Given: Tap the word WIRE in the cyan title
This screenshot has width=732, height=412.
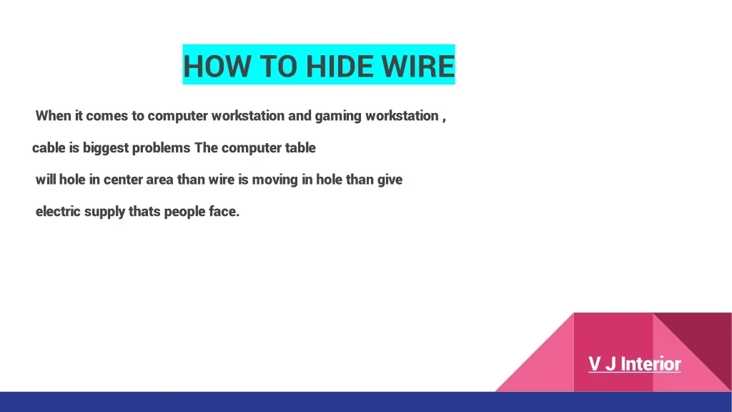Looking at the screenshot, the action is [418, 66].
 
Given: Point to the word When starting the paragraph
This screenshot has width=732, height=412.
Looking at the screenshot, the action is [53, 115].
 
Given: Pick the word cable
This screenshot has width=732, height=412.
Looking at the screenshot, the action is [49, 147].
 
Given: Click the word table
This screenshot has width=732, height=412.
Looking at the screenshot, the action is [300, 147].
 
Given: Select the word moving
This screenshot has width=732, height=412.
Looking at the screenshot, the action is [275, 180].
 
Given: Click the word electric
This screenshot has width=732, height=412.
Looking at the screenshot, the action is [58, 211].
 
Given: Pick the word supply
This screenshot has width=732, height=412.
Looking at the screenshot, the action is [104, 212].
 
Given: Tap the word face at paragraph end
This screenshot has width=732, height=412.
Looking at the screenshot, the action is [224, 211].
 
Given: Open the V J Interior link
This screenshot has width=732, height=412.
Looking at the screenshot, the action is [635, 364].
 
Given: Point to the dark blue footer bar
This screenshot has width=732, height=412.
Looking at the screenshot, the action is [366, 402].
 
